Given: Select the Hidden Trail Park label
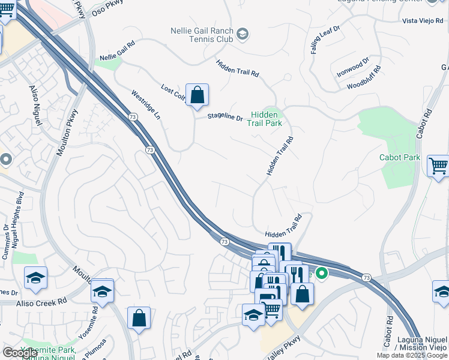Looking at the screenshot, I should point(266,118).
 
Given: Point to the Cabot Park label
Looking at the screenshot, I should point(399,158).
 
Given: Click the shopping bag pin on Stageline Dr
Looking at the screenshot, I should point(197,95).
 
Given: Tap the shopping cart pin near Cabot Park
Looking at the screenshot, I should point(438,166).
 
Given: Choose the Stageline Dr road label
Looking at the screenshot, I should point(225,118).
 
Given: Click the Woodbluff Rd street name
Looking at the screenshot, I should point(364,79).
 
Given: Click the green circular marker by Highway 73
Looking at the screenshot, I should point(322,274).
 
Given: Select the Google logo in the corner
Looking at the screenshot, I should point(20,353).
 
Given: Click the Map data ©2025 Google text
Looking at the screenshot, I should point(412,355).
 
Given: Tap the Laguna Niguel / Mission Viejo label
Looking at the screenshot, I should point(421,344).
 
